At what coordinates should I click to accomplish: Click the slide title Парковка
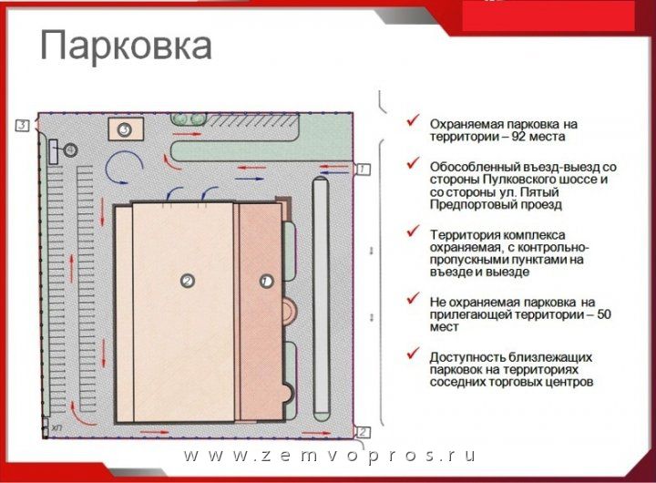126,46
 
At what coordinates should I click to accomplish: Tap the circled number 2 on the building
188,281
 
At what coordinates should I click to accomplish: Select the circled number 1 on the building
266,282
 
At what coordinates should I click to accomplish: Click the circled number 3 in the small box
124,129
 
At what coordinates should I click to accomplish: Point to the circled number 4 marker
71,149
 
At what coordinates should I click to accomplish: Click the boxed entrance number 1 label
363,170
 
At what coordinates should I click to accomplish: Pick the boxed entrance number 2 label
363,432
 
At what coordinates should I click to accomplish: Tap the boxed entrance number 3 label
23,125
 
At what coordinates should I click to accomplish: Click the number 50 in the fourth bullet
604,314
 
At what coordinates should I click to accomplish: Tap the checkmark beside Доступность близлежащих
413,355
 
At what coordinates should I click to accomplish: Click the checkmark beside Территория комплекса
413,231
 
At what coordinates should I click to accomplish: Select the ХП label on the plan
56,427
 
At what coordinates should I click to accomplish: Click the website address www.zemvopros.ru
329,456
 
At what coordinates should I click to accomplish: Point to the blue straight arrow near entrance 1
333,172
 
